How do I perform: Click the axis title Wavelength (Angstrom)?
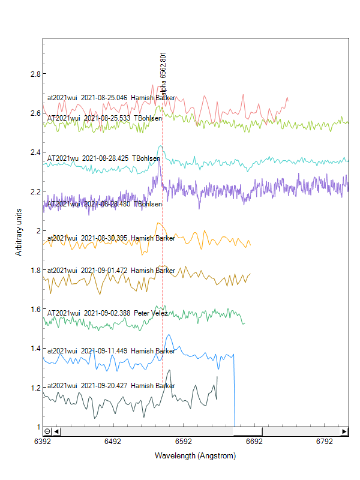pos(195,456)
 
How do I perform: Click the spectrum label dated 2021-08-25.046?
pos(111,98)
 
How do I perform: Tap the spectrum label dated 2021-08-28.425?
pos(103,158)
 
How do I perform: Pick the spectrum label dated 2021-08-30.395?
pos(111,238)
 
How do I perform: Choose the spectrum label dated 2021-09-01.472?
pos(111,271)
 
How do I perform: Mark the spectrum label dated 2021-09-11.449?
pos(111,350)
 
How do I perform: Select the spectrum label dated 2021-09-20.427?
pos(111,386)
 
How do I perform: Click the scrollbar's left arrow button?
pos(56,431)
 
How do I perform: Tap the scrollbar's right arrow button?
pos(344,431)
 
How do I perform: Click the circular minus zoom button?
pos(47,431)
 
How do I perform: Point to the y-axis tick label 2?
pos(37,231)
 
